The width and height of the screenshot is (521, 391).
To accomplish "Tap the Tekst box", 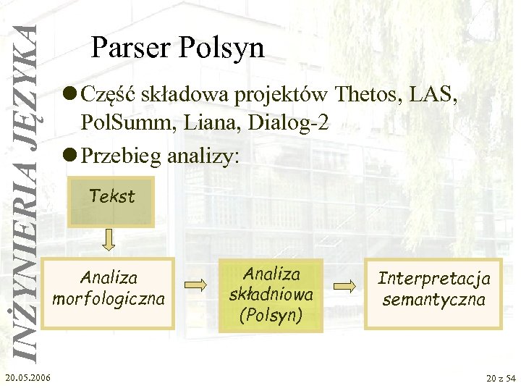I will click(111, 196).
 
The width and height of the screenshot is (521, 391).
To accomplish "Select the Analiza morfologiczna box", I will click(109, 288).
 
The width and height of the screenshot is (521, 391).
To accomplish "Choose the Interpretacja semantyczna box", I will click(433, 288).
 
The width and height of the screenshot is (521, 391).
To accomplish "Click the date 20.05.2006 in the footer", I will click(27, 377).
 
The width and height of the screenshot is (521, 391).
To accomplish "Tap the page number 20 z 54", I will click(501, 378).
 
